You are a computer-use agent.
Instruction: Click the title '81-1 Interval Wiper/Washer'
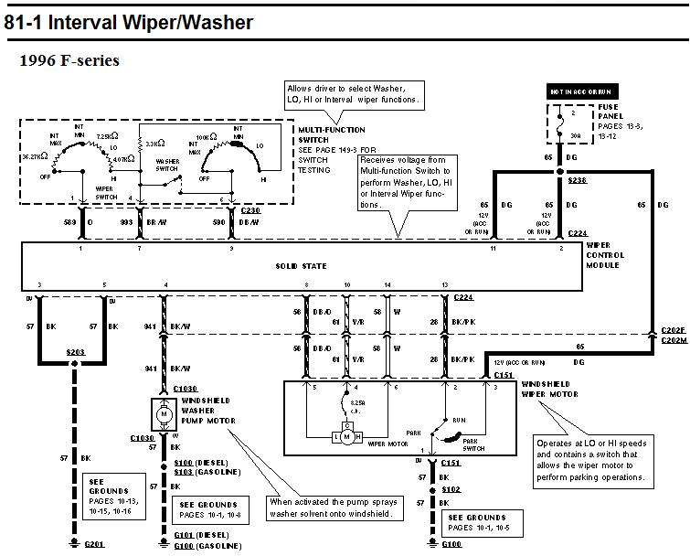click(x=129, y=22)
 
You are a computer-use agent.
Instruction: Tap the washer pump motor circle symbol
click(x=165, y=414)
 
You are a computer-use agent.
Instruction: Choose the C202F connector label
click(x=674, y=330)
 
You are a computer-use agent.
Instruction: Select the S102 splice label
click(x=451, y=489)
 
